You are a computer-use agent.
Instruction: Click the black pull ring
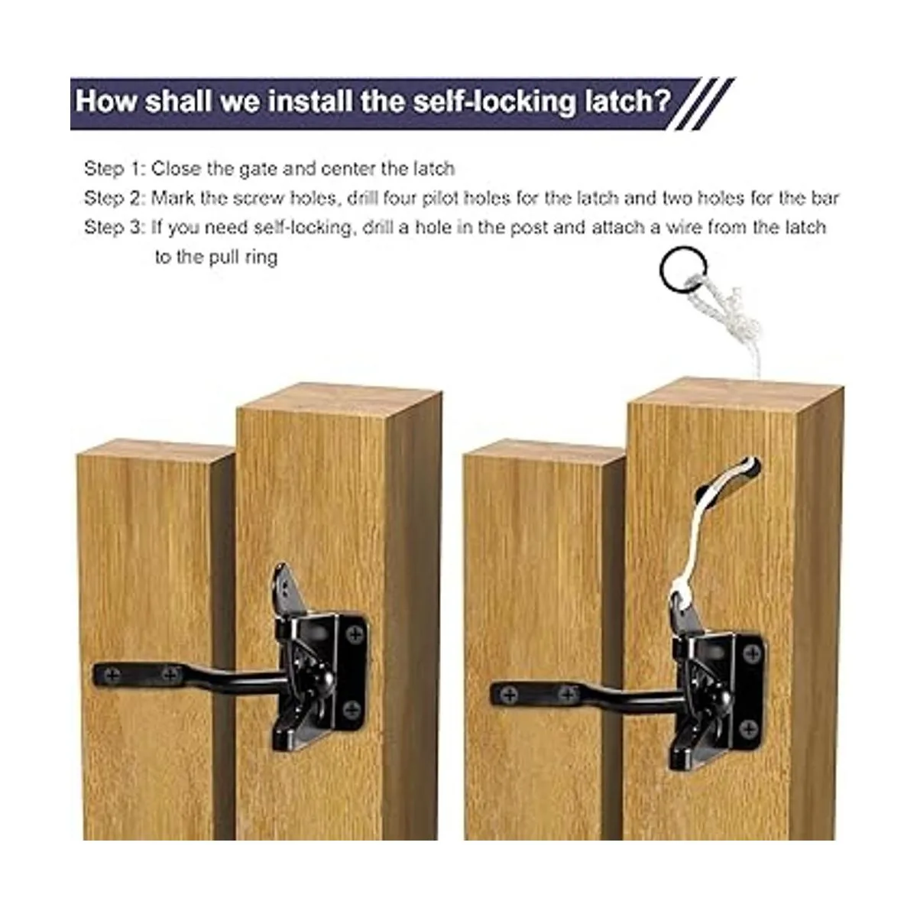point(662,271)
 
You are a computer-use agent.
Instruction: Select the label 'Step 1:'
point(115,169)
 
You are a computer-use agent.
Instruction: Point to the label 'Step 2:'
point(115,198)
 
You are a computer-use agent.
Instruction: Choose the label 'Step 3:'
point(115,228)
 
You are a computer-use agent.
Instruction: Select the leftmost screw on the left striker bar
point(112,673)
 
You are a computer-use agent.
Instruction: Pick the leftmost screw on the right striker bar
point(509,695)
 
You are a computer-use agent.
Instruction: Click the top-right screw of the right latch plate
point(753,653)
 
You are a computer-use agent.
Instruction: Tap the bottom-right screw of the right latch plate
point(749,728)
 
